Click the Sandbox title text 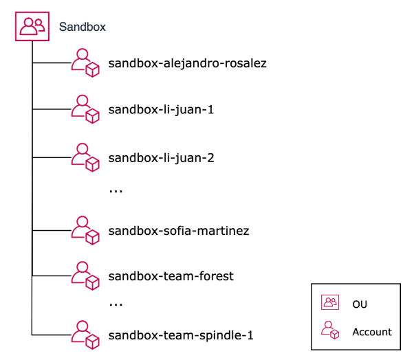[x=82, y=27]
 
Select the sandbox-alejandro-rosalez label [x=187, y=64]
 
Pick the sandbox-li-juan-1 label [x=162, y=110]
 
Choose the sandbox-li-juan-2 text [x=162, y=157]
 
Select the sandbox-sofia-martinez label [x=178, y=230]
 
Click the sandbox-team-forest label [x=171, y=276]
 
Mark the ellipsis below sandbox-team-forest [x=116, y=304]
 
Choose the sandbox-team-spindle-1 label [x=181, y=336]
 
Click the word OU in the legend [x=360, y=304]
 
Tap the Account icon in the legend [x=331, y=330]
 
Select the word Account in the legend [x=372, y=332]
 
